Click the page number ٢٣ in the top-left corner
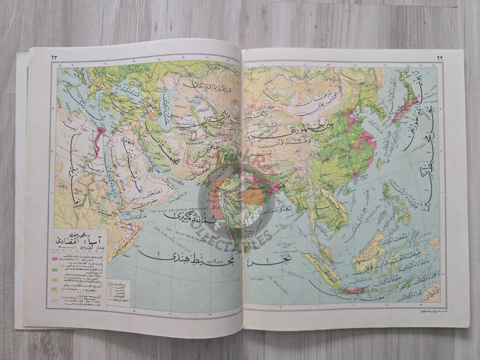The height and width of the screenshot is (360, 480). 54,57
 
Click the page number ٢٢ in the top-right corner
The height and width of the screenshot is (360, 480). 440,57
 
